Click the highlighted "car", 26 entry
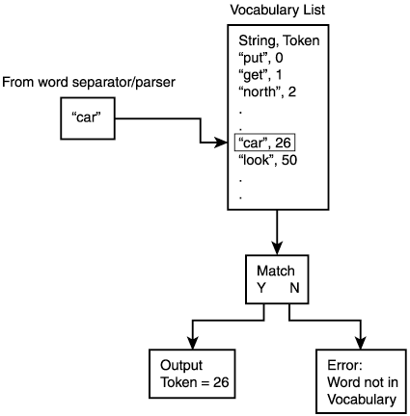(264, 143)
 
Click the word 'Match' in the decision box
(278, 271)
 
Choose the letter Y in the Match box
(260, 287)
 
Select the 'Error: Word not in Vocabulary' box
(361, 380)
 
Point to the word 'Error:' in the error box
(344, 365)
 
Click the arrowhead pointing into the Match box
(278, 249)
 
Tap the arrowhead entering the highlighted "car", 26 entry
(227, 143)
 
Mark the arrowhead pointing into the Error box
(361, 346)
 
